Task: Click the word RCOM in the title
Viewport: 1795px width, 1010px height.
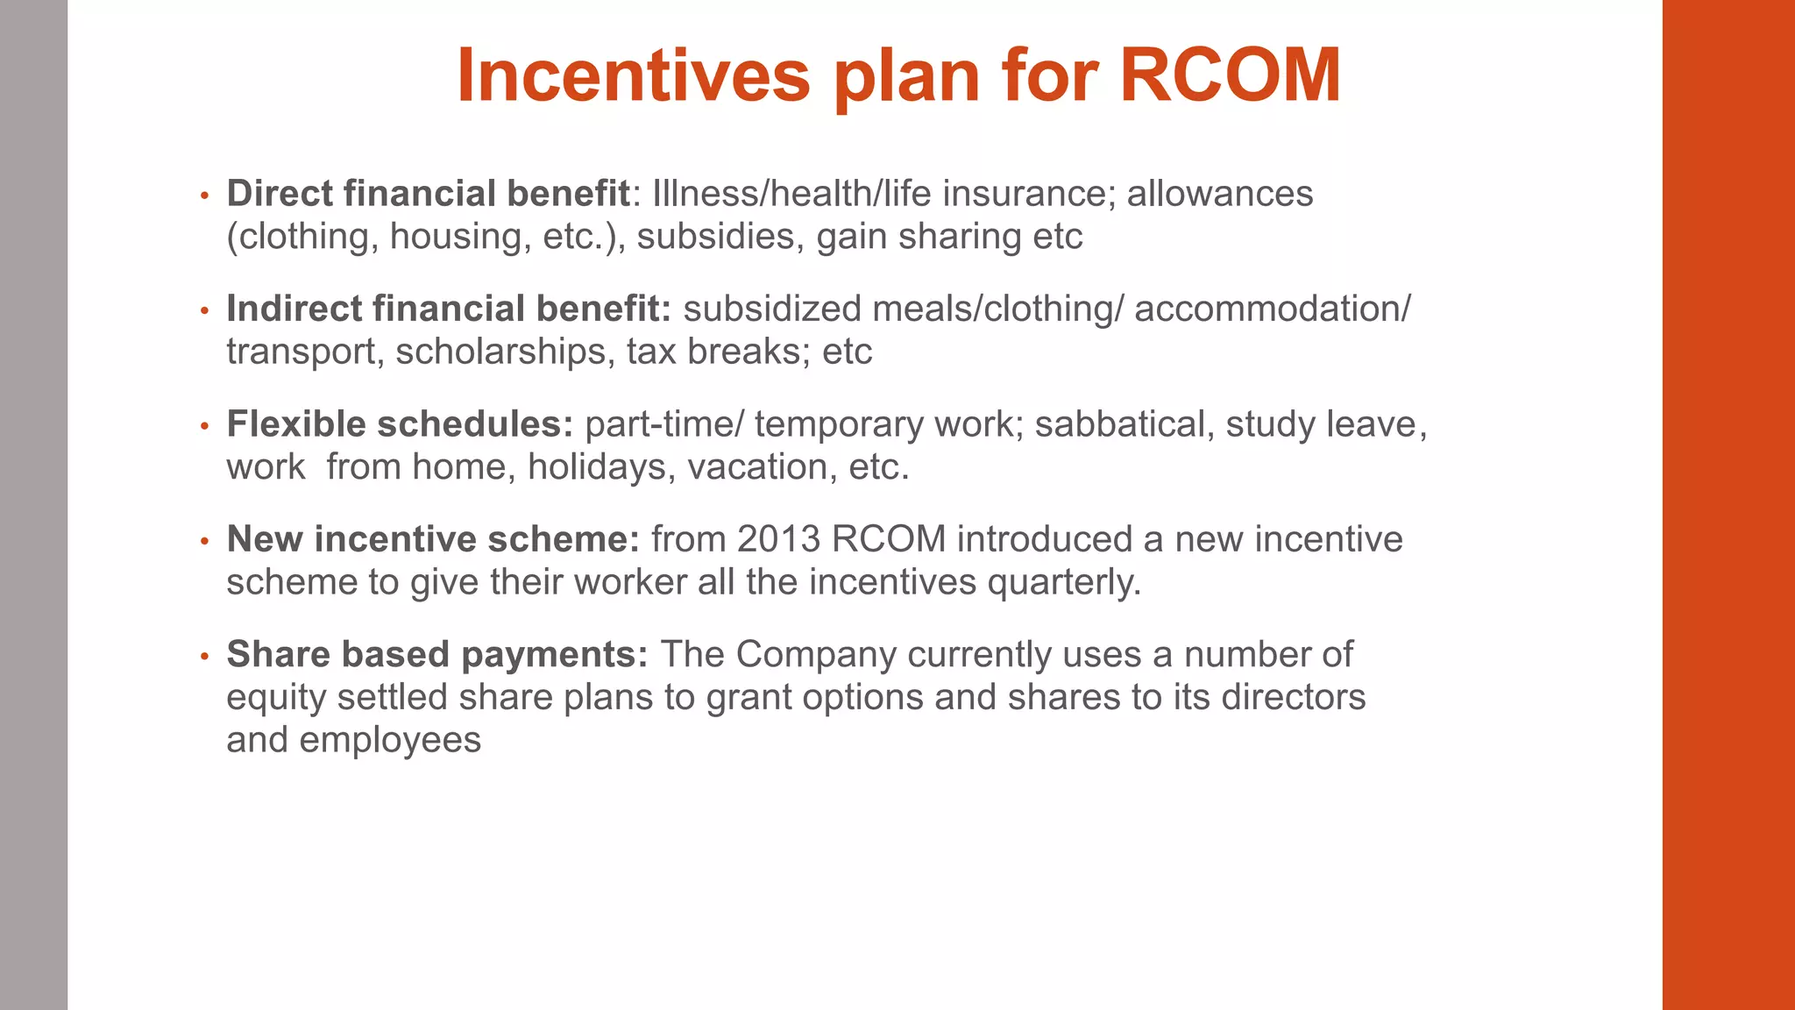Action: click(x=1230, y=75)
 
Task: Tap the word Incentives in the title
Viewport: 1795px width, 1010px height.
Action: click(x=633, y=75)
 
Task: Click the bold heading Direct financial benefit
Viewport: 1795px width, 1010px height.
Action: click(x=428, y=194)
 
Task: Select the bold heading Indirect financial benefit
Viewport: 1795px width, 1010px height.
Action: click(x=448, y=309)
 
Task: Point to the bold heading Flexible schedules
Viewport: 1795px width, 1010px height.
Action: click(x=400, y=424)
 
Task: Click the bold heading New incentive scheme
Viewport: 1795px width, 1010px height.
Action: click(x=433, y=539)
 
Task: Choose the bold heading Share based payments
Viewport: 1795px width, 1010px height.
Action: click(x=436, y=655)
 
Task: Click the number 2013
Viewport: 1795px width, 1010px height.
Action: click(x=778, y=539)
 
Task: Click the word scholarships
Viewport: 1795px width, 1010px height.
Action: click(x=500, y=352)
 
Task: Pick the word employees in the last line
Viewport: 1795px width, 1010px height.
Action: click(x=390, y=741)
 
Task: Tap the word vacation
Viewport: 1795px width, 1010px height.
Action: click(x=757, y=467)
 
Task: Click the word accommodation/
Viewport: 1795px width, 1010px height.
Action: click(x=1272, y=309)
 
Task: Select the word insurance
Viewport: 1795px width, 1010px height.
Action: click(x=1029, y=194)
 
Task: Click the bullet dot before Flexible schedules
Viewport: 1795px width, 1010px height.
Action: click(x=204, y=427)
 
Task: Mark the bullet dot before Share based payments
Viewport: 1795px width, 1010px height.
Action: click(x=204, y=657)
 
